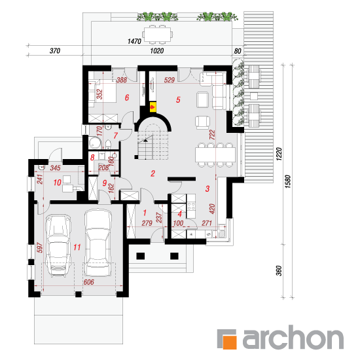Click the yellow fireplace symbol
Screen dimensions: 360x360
pyautogui.click(x=153, y=107)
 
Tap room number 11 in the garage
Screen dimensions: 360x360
pyautogui.click(x=77, y=247)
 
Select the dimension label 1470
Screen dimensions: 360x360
pyautogui.click(x=134, y=41)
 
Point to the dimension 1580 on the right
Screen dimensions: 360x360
pyautogui.click(x=288, y=181)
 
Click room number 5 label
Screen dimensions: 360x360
pyautogui.click(x=178, y=100)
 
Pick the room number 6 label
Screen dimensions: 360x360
pyautogui.click(x=127, y=98)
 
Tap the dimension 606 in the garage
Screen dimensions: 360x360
pyautogui.click(x=88, y=282)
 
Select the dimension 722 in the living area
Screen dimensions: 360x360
pyautogui.click(x=212, y=135)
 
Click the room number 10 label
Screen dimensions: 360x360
pyautogui.click(x=57, y=183)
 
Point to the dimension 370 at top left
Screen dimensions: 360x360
pyautogui.click(x=55, y=51)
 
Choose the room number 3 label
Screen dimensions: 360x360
pyautogui.click(x=207, y=189)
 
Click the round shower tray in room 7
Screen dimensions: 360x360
pyautogui.click(x=95, y=143)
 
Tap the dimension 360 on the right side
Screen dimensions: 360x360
pyautogui.click(x=278, y=271)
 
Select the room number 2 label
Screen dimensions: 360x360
pyautogui.click(x=153, y=173)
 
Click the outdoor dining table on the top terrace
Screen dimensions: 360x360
pyautogui.click(x=158, y=35)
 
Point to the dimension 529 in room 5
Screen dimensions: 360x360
pyautogui.click(x=170, y=80)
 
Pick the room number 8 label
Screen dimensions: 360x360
pyautogui.click(x=92, y=158)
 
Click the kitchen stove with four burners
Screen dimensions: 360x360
pyautogui.click(x=191, y=206)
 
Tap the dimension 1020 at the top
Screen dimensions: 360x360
pyautogui.click(x=157, y=51)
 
